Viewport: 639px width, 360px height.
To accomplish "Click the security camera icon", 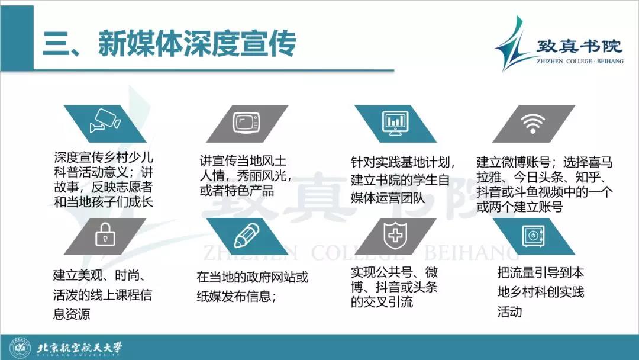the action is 105,121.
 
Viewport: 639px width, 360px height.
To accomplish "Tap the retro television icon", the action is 247,123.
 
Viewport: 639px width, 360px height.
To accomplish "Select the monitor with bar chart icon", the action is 395,123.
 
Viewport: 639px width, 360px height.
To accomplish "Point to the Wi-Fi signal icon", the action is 533,124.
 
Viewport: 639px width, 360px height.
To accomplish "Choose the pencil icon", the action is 247,235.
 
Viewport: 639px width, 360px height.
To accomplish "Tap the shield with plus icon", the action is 395,235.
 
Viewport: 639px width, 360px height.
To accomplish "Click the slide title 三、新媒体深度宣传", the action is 169,43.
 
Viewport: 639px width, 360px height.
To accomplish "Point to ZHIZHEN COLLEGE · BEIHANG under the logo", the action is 580,61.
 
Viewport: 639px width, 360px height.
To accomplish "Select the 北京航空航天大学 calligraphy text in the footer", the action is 79,348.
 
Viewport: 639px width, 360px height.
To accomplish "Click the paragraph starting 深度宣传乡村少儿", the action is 104,179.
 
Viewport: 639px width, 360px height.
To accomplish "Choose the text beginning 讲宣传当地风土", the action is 246,176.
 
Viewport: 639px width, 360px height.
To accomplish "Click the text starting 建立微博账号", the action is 544,184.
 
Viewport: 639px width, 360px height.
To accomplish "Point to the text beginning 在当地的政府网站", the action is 252,287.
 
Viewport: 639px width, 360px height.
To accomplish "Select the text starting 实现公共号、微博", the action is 395,287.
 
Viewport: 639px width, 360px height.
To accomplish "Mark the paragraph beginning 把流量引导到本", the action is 540,292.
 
